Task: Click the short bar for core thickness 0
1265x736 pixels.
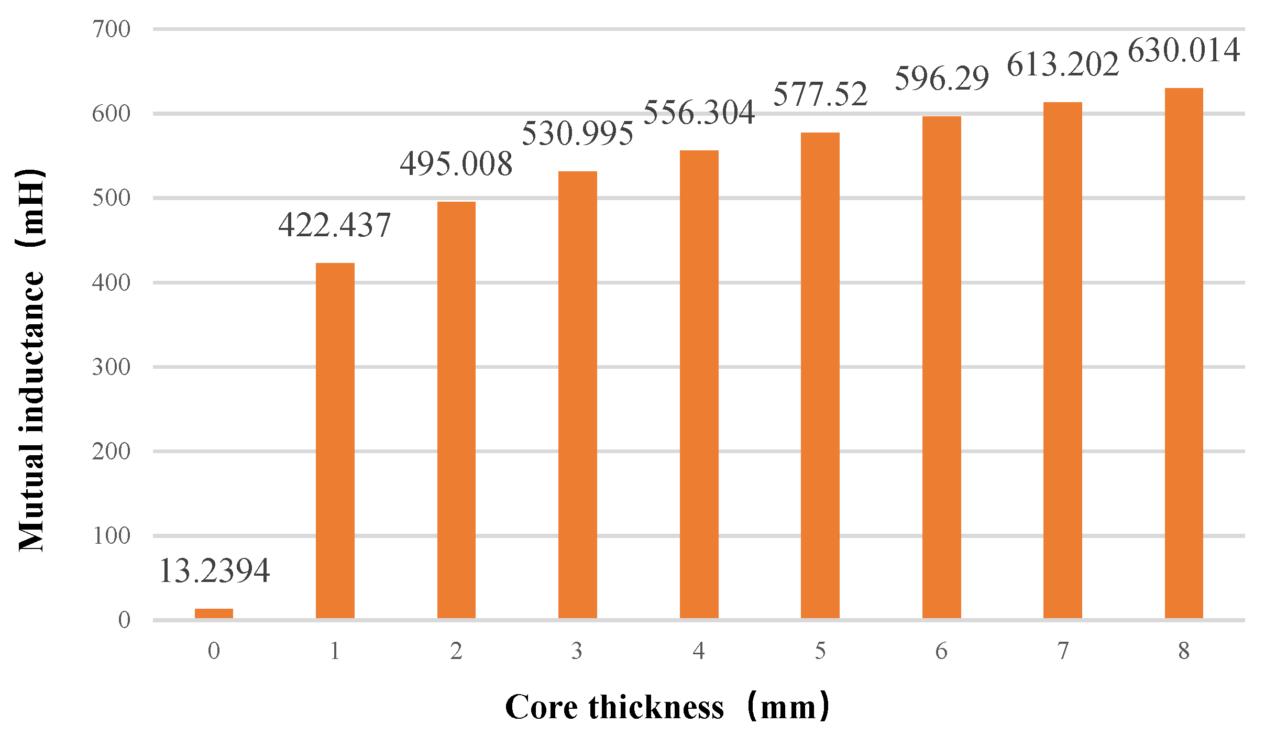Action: click(214, 613)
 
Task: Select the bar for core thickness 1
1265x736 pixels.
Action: click(335, 440)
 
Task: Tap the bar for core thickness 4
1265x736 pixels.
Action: click(699, 384)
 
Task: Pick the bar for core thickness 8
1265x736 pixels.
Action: click(1184, 353)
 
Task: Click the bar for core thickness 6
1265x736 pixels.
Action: click(941, 367)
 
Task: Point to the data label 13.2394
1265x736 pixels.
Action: click(214, 570)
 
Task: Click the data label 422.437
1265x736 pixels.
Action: click(334, 225)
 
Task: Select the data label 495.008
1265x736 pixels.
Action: click(456, 164)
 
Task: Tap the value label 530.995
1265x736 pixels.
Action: click(577, 133)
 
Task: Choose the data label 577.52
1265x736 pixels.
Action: click(820, 94)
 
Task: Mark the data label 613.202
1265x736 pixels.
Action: click(1062, 65)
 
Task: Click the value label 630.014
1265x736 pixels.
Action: click(1183, 51)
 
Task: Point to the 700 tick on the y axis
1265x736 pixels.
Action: click(111, 29)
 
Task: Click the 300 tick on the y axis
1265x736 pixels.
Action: click(111, 367)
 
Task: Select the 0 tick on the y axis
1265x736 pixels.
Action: click(124, 620)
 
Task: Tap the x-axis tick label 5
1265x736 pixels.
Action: click(820, 651)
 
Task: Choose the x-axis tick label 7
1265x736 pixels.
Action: click(1063, 651)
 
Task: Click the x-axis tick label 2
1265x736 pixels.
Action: click(456, 651)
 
